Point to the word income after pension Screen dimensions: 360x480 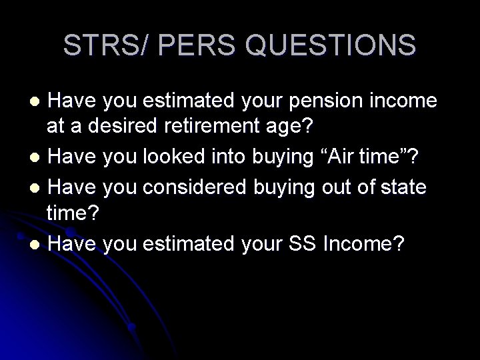[405, 102]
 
